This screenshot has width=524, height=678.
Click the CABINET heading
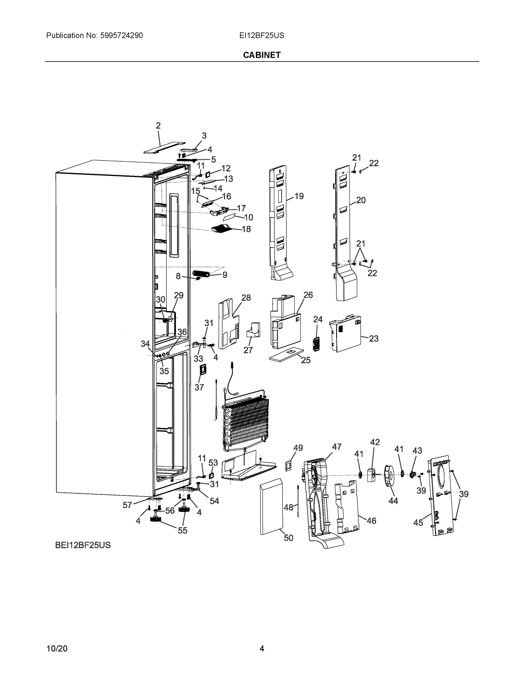tap(262, 55)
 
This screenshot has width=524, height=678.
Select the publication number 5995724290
tap(121, 35)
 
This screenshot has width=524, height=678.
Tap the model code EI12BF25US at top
tap(262, 35)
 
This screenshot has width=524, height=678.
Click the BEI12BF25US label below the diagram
tap(82, 545)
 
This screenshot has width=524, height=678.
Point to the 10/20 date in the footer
tap(57, 649)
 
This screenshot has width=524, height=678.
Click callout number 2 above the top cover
tap(158, 126)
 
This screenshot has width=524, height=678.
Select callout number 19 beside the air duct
tap(299, 196)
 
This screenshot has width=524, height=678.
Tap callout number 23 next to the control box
tap(373, 338)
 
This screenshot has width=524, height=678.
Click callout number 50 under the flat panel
tap(288, 538)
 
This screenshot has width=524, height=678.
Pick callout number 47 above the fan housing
tap(336, 447)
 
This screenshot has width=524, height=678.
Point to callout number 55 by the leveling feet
tap(182, 531)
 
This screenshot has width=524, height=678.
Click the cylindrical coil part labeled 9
tap(201, 273)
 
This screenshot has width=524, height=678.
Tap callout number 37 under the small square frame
tap(199, 387)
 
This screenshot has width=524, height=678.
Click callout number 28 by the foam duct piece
tap(246, 298)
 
